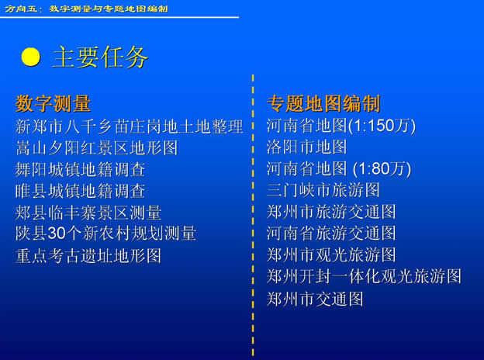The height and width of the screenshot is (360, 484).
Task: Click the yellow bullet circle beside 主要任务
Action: click(x=30, y=57)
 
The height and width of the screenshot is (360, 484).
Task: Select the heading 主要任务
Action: click(x=100, y=57)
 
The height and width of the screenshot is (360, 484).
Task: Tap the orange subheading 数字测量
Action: click(x=53, y=103)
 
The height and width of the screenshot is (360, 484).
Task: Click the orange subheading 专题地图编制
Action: click(x=323, y=103)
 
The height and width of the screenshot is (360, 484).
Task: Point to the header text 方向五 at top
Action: click(x=21, y=9)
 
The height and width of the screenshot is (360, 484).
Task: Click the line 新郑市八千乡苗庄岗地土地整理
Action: click(x=130, y=126)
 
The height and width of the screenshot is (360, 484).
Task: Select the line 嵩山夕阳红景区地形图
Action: click(x=97, y=148)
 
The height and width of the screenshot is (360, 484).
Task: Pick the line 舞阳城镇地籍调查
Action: click(x=80, y=169)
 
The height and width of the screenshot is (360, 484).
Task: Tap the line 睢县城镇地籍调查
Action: click(x=80, y=191)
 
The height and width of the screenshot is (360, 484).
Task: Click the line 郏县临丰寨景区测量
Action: click(x=88, y=213)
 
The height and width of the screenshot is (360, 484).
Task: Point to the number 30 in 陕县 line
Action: click(x=56, y=234)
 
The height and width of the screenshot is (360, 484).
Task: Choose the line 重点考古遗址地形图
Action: click(x=88, y=255)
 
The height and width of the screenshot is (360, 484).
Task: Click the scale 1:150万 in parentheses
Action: click(x=382, y=126)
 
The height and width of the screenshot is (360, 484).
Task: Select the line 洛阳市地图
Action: click(x=307, y=147)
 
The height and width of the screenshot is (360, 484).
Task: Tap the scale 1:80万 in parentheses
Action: click(x=382, y=168)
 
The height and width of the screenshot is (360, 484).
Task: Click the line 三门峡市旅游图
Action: click(x=323, y=190)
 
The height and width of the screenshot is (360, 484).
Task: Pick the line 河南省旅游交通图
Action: click(x=331, y=233)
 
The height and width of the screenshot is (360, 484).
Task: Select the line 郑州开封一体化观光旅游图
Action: click(x=364, y=276)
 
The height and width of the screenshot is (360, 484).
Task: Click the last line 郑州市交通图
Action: click(x=315, y=299)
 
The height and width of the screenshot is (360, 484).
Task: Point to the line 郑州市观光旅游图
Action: click(x=331, y=254)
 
